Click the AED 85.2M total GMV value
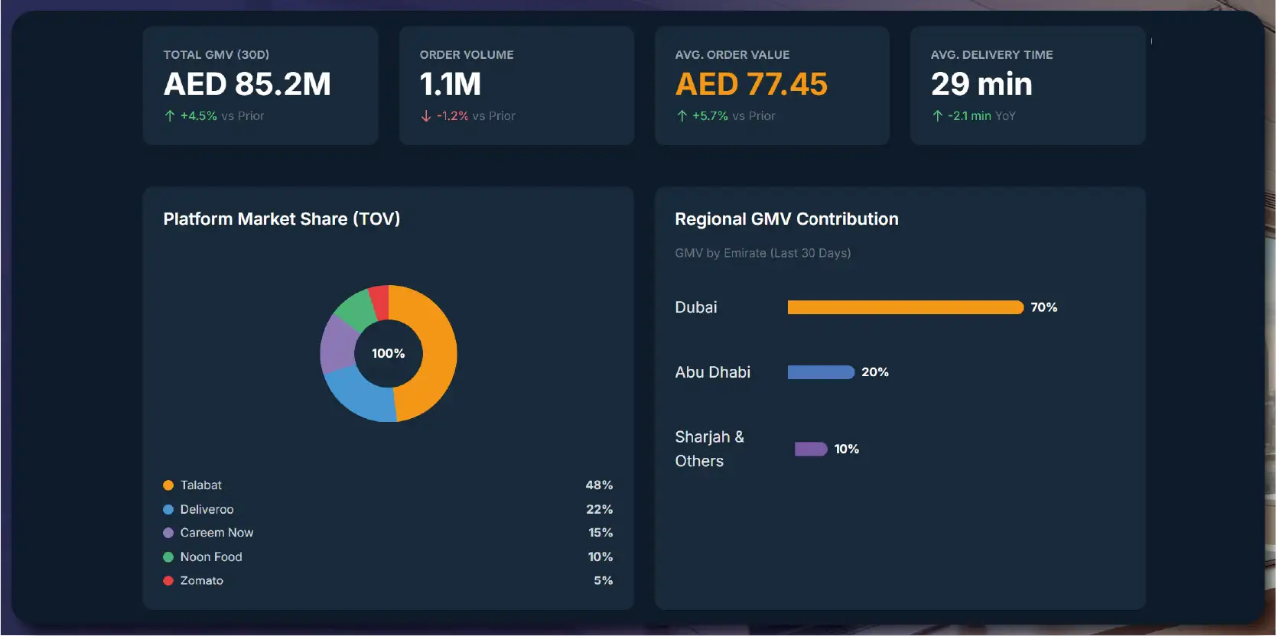[247, 84]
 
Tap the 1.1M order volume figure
[451, 84]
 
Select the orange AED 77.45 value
[751, 84]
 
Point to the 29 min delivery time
[981, 84]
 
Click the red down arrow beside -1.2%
[426, 116]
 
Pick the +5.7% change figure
[710, 116]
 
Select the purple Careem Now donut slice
[337, 344]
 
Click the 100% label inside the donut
[389, 353]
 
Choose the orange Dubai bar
[905, 307]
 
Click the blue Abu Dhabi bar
[821, 372]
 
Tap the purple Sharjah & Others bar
[811, 449]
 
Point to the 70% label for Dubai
[1043, 307]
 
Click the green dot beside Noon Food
[168, 557]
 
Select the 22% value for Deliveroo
[599, 509]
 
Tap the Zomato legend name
[202, 581]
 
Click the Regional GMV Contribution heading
[786, 219]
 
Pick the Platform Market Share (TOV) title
[282, 219]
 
